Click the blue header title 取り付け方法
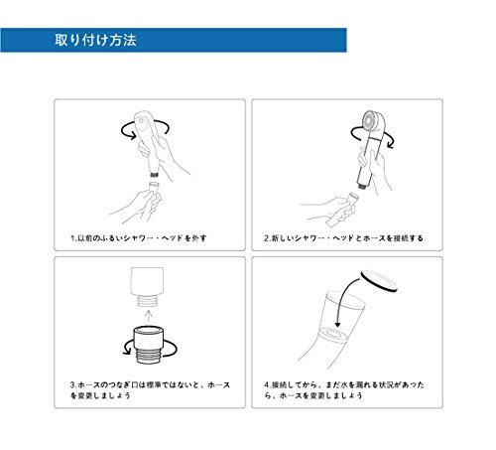[x=95, y=40]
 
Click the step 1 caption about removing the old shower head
[x=138, y=238]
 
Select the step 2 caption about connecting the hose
[x=343, y=238]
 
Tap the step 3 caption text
[x=150, y=390]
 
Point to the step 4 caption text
[x=344, y=390]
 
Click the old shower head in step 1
[x=149, y=143]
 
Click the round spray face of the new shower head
[x=371, y=121]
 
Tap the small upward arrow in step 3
[x=149, y=316]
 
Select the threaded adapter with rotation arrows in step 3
[x=149, y=345]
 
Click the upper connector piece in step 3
[x=147, y=286]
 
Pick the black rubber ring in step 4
[x=379, y=281]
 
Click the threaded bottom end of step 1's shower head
[x=154, y=173]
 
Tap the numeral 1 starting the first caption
[x=72, y=238]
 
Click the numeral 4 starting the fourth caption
[x=267, y=385]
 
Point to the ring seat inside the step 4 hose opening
[x=334, y=332]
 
